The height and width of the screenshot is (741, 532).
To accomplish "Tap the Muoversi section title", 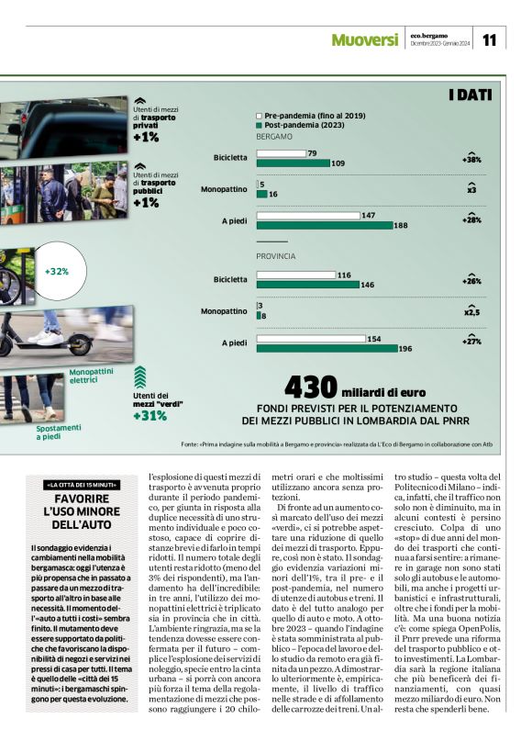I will point(364,39).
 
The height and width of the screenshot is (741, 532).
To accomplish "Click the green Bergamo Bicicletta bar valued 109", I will point(293,163).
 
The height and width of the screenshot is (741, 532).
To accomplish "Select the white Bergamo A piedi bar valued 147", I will point(308,216).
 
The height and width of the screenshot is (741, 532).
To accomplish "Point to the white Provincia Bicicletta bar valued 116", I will point(295,275).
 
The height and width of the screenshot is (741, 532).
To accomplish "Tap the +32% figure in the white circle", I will point(57,271).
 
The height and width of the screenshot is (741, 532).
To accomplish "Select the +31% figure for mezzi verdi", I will point(150,416).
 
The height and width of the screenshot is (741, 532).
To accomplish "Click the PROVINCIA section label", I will point(275,256).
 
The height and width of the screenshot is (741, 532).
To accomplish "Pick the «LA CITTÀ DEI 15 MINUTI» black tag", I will point(83,484).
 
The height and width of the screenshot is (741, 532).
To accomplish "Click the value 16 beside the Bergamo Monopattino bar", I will point(273,195).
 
